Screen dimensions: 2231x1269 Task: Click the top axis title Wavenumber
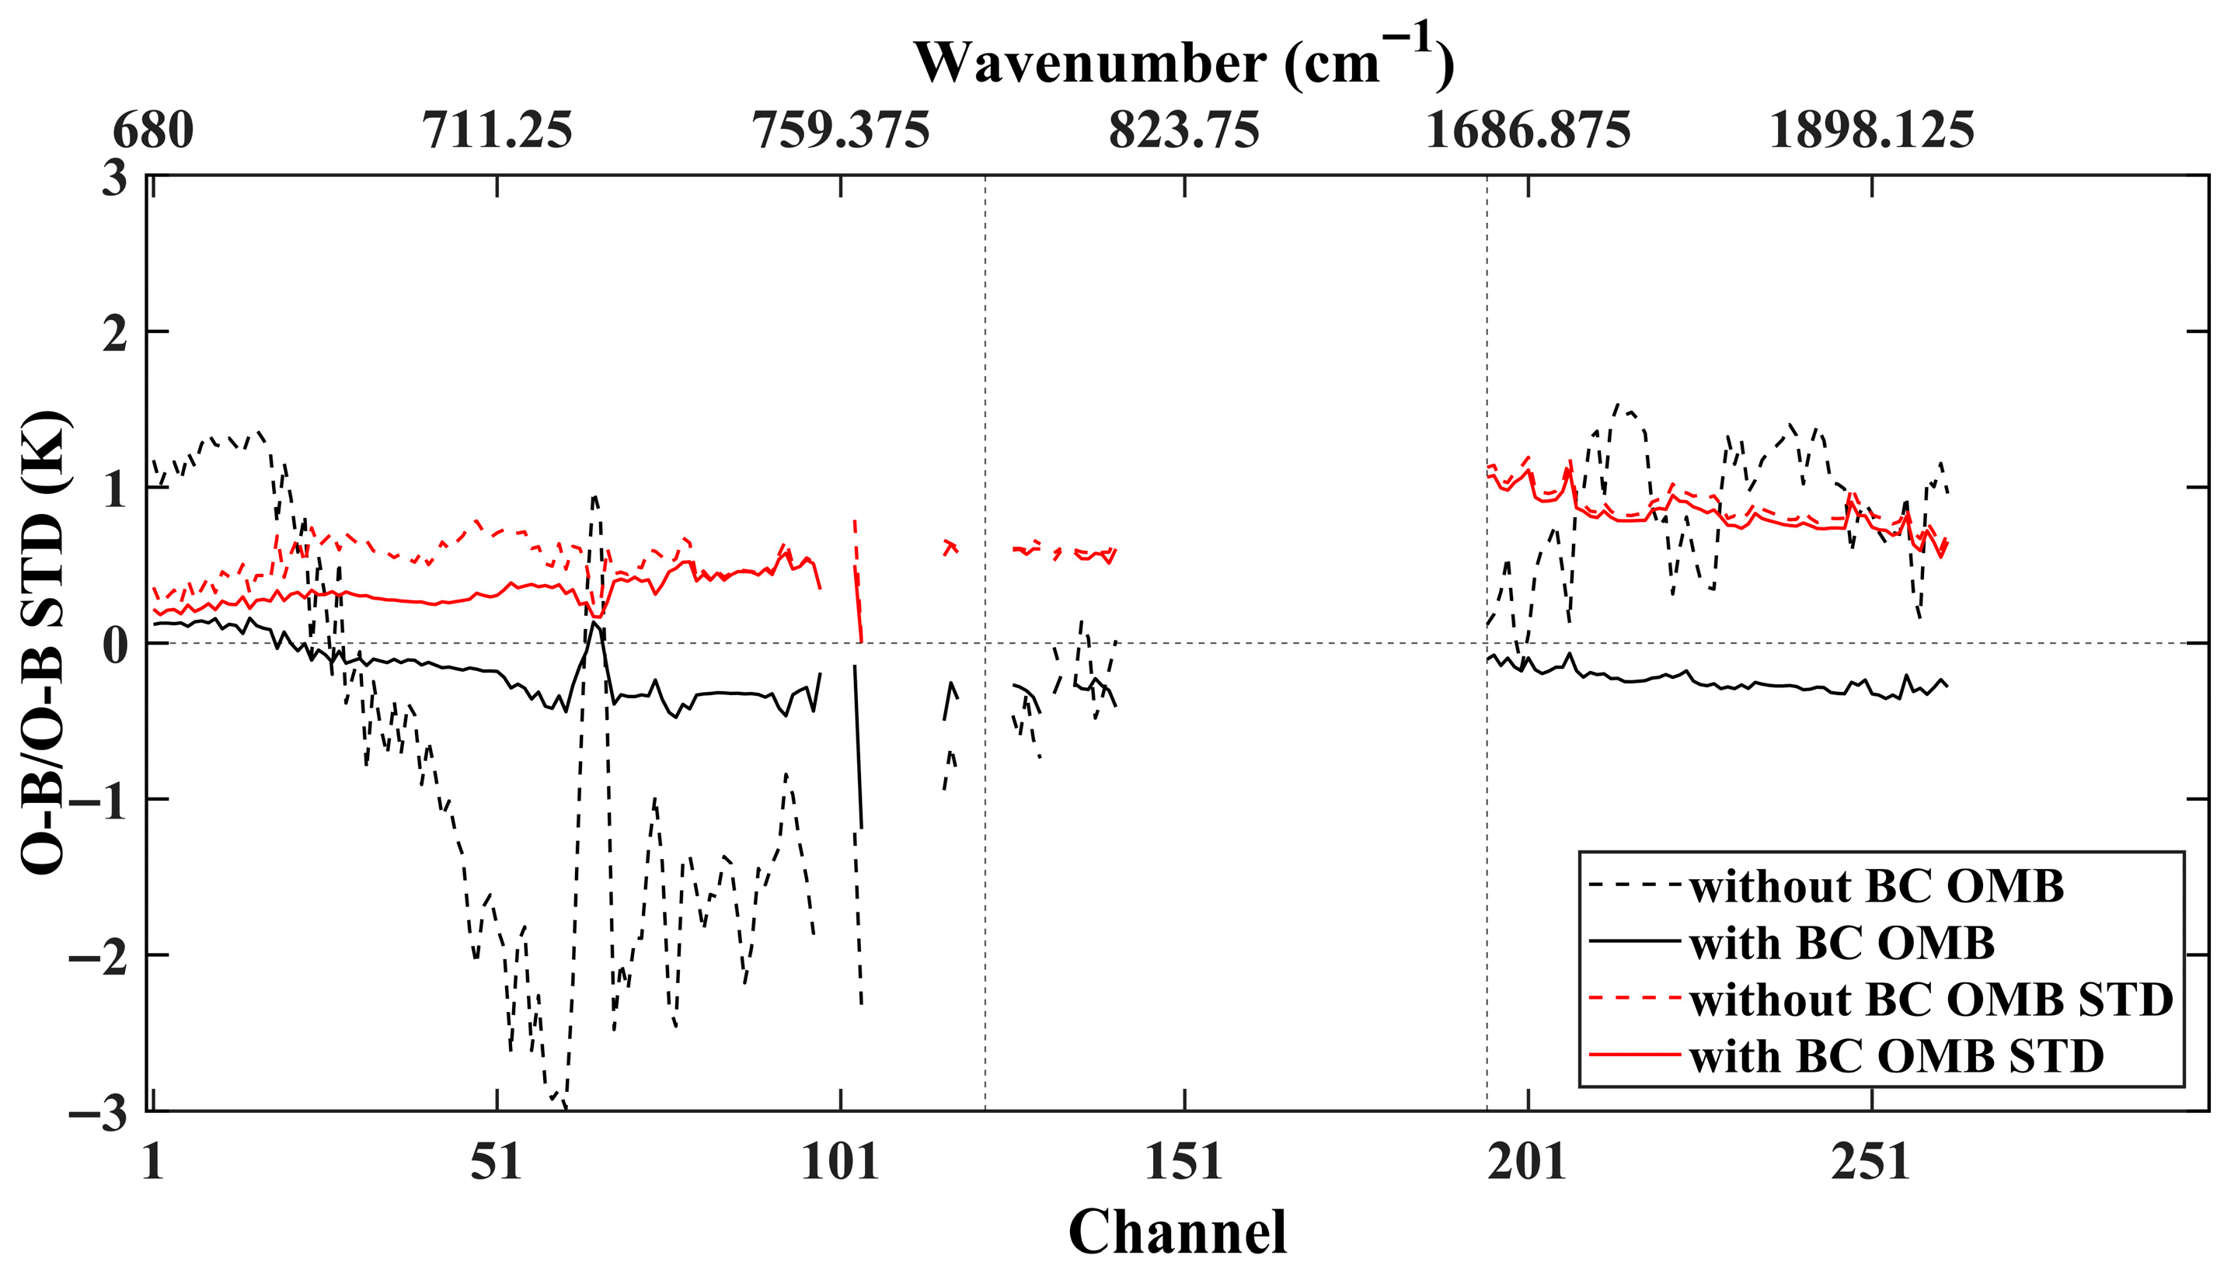click(x=1183, y=63)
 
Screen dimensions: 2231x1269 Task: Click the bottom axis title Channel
click(x=1177, y=1231)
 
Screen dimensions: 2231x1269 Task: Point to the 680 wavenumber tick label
click(x=153, y=131)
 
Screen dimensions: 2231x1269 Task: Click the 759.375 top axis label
click(x=841, y=131)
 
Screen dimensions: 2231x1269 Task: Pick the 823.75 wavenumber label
click(x=1184, y=131)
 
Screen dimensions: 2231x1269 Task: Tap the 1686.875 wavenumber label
click(x=1528, y=131)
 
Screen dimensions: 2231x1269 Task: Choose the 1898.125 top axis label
click(x=1871, y=131)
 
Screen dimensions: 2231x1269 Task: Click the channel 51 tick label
click(x=497, y=1163)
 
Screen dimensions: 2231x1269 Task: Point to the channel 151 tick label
click(x=1184, y=1163)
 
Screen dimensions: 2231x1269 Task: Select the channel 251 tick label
click(x=1871, y=1163)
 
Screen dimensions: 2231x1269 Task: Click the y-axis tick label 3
click(x=114, y=179)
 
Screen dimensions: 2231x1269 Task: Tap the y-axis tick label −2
click(x=98, y=955)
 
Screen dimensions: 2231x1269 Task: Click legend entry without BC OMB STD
click(x=1930, y=1000)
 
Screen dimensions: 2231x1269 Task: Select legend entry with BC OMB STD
click(x=1896, y=1056)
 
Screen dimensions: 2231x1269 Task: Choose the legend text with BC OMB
click(x=1842, y=943)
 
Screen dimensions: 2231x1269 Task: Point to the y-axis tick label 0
click(x=114, y=645)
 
